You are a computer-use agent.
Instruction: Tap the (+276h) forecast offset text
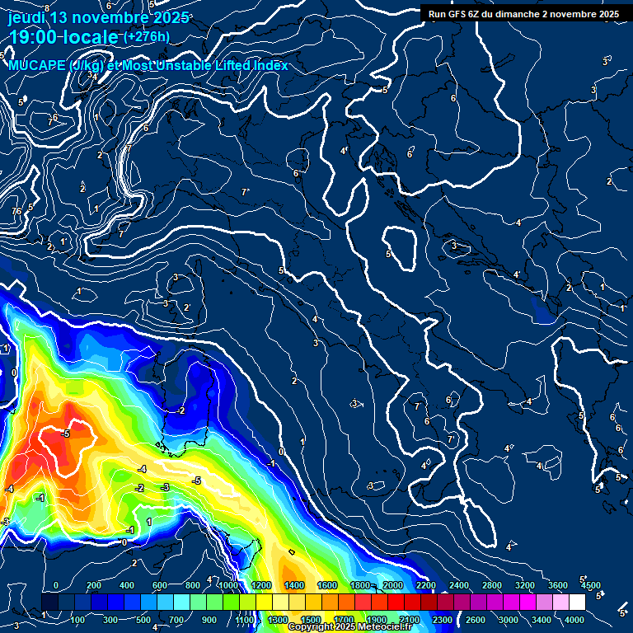point(146,36)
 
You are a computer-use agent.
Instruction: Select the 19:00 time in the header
point(36,37)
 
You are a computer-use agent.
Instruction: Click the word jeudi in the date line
point(26,17)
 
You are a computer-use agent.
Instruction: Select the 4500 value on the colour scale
point(590,585)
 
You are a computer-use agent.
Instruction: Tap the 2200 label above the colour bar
point(426,585)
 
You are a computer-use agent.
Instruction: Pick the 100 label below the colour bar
point(79,619)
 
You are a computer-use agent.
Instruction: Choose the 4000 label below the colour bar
point(575,619)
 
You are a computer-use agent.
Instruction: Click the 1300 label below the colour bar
point(278,619)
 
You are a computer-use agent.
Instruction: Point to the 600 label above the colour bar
point(159,585)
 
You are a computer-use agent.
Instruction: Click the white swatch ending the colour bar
point(577,602)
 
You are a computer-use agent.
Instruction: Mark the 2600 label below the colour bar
point(476,619)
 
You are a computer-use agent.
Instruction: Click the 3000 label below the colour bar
point(509,619)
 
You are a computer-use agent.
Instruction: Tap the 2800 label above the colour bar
point(492,585)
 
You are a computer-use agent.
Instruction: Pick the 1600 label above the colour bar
point(327,585)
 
